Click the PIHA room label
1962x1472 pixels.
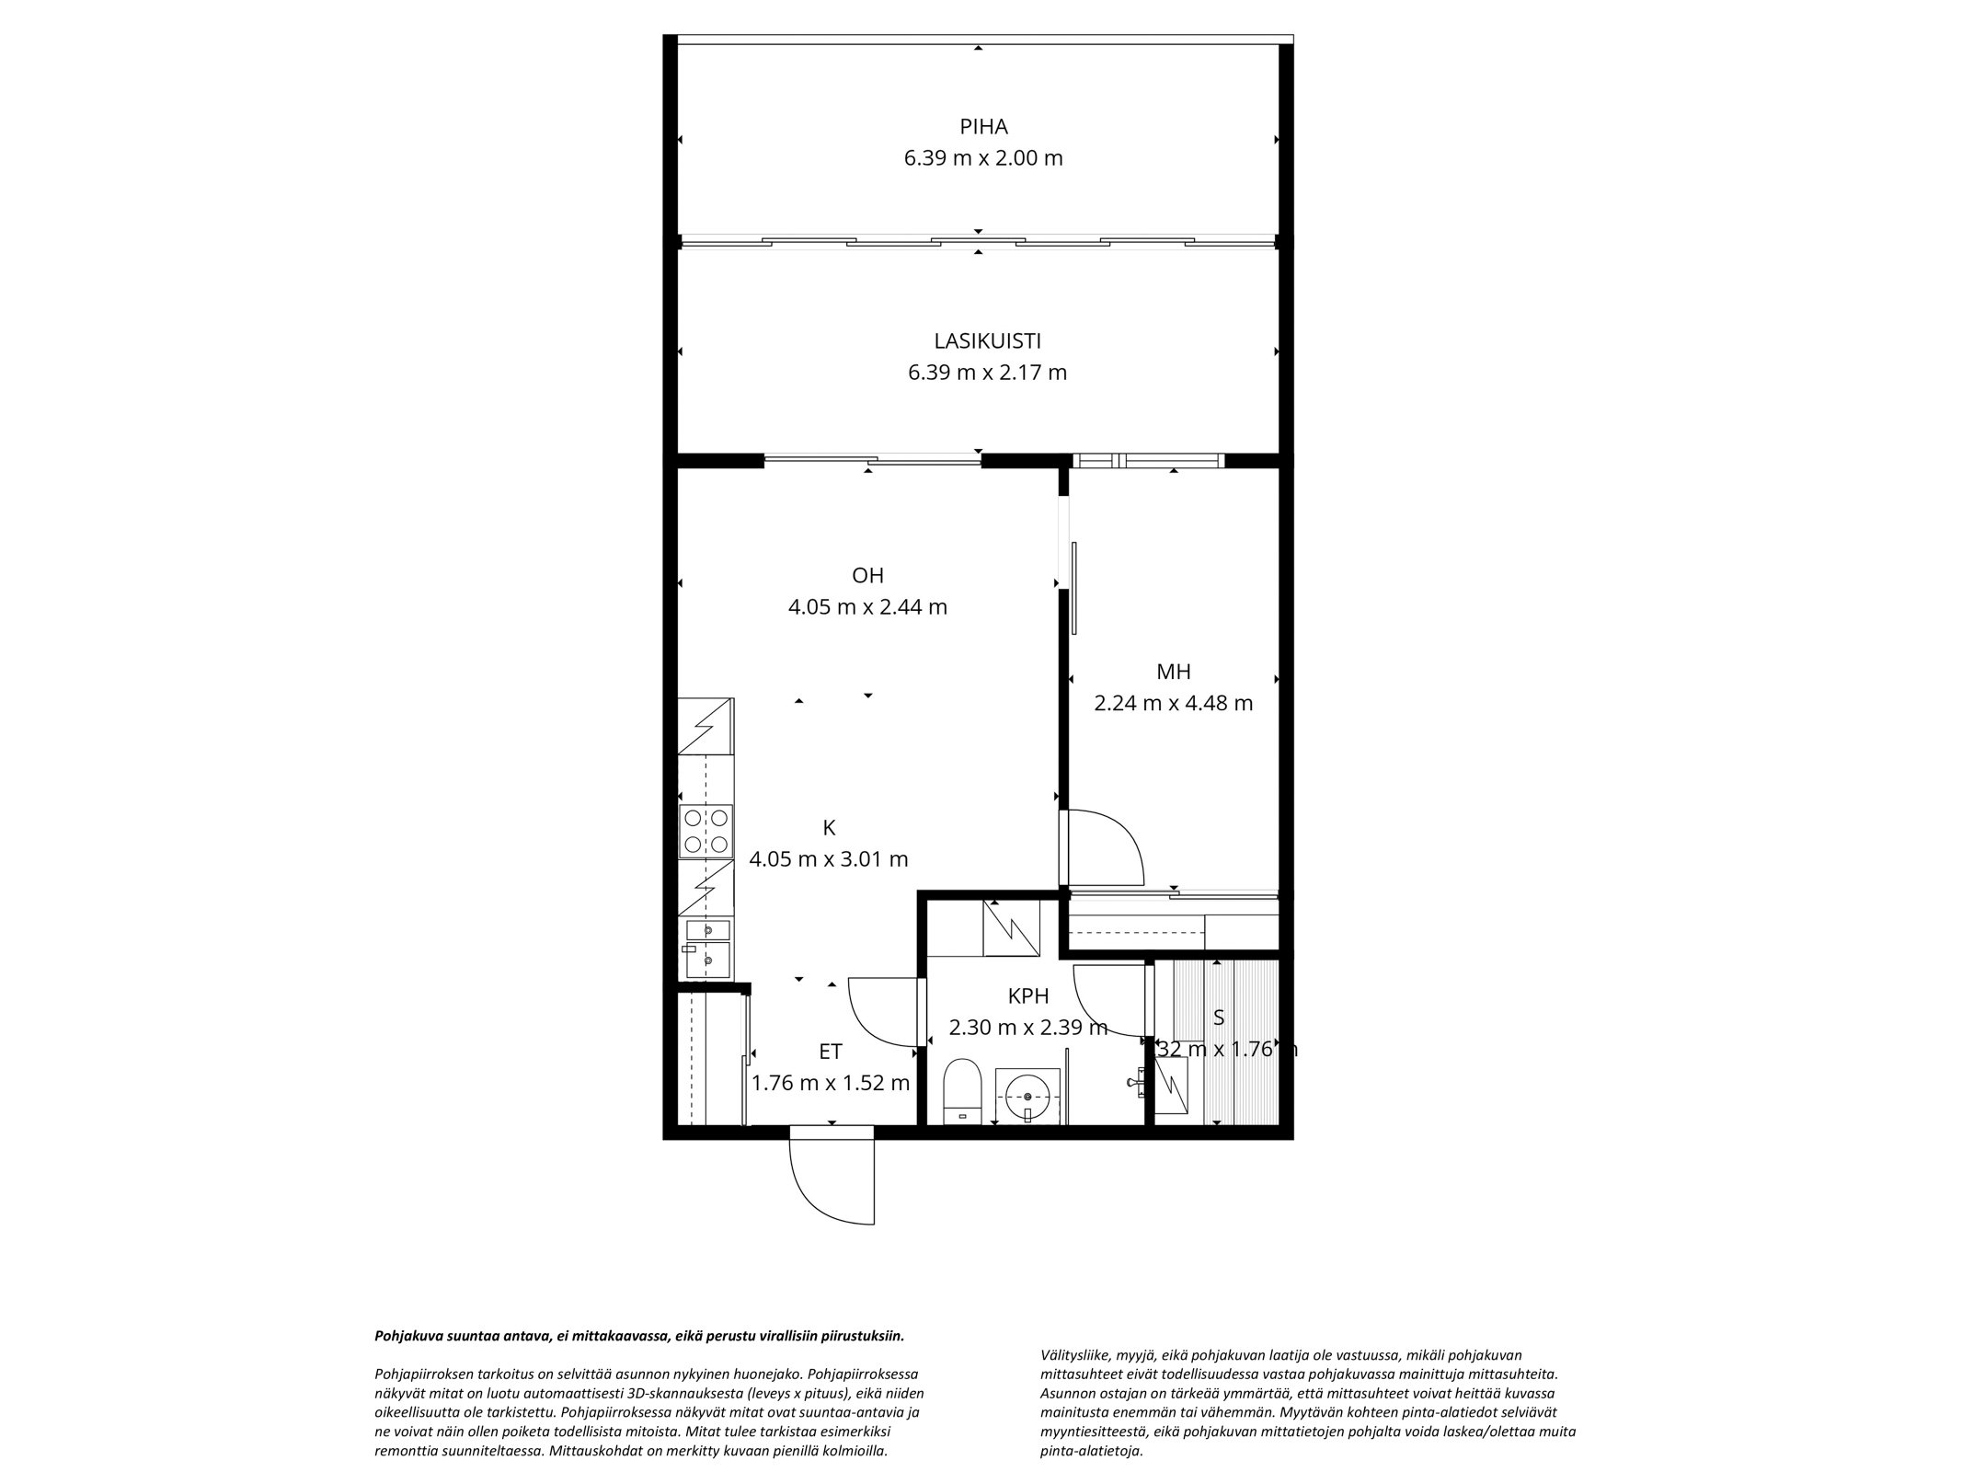coord(982,127)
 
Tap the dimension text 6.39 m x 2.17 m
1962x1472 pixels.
coord(986,373)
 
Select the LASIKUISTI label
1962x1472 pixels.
coord(986,341)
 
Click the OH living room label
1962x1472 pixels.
coord(866,576)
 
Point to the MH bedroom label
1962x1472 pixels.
coord(1173,672)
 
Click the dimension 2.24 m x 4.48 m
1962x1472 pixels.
coord(1173,704)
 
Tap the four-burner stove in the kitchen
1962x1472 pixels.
coord(706,831)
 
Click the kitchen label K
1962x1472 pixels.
coord(829,827)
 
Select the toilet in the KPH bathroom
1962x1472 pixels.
coord(964,1091)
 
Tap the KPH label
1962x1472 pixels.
coord(1027,995)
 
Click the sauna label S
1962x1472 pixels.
coord(1219,1018)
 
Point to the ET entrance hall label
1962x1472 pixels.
coord(831,1052)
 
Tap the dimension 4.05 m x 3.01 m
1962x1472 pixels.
coord(829,859)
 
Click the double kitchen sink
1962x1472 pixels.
coord(706,948)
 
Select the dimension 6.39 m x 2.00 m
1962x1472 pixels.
coord(982,158)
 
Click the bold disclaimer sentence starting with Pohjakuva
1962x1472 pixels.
coord(639,1336)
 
